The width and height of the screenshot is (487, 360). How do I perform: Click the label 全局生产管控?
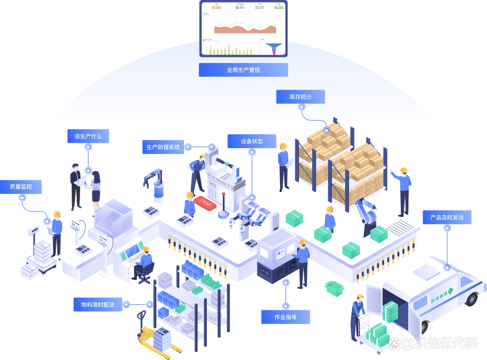(x=243, y=70)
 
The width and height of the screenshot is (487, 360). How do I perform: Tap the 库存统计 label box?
(x=300, y=97)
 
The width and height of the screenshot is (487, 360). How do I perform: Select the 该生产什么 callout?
(x=88, y=136)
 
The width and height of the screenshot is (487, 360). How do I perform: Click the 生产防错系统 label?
(x=163, y=147)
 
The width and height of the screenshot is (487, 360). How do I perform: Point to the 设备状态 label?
(x=252, y=141)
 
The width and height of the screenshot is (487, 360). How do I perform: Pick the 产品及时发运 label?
(x=447, y=217)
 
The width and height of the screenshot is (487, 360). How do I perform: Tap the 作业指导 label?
(x=285, y=317)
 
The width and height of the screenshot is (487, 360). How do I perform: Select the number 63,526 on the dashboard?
(x=216, y=7)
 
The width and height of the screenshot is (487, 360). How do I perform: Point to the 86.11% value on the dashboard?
(x=240, y=7)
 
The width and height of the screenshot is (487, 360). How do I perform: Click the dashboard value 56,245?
(x=278, y=7)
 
